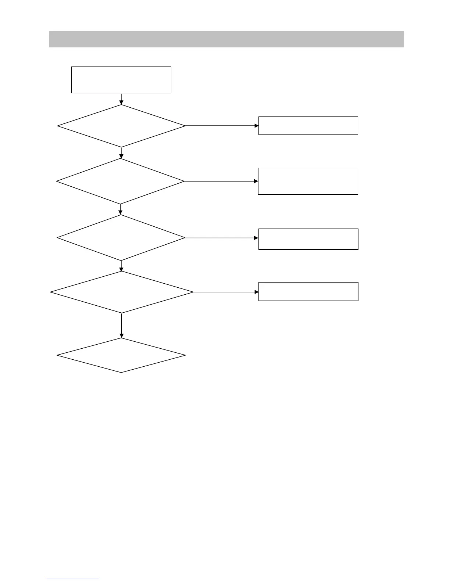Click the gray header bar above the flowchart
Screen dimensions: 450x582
tap(226, 39)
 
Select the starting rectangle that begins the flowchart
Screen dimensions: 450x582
tap(121, 80)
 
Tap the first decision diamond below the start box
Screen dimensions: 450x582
tap(121, 126)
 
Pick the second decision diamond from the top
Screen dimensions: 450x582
tap(120, 181)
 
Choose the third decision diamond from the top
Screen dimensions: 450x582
tap(121, 238)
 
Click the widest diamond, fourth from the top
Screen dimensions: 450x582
tap(122, 292)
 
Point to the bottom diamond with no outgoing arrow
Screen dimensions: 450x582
tap(121, 355)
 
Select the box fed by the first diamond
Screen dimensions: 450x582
tap(308, 126)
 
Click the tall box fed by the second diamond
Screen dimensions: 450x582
tap(308, 181)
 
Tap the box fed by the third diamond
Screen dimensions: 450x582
tap(308, 239)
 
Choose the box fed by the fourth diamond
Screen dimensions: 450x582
tap(308, 292)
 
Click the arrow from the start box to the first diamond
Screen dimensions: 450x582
tap(121, 99)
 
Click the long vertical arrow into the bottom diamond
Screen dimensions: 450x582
tap(121, 326)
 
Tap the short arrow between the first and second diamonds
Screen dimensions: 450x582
tap(121, 152)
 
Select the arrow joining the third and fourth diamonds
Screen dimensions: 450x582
tap(121, 266)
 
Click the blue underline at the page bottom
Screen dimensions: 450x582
tap(73, 579)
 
